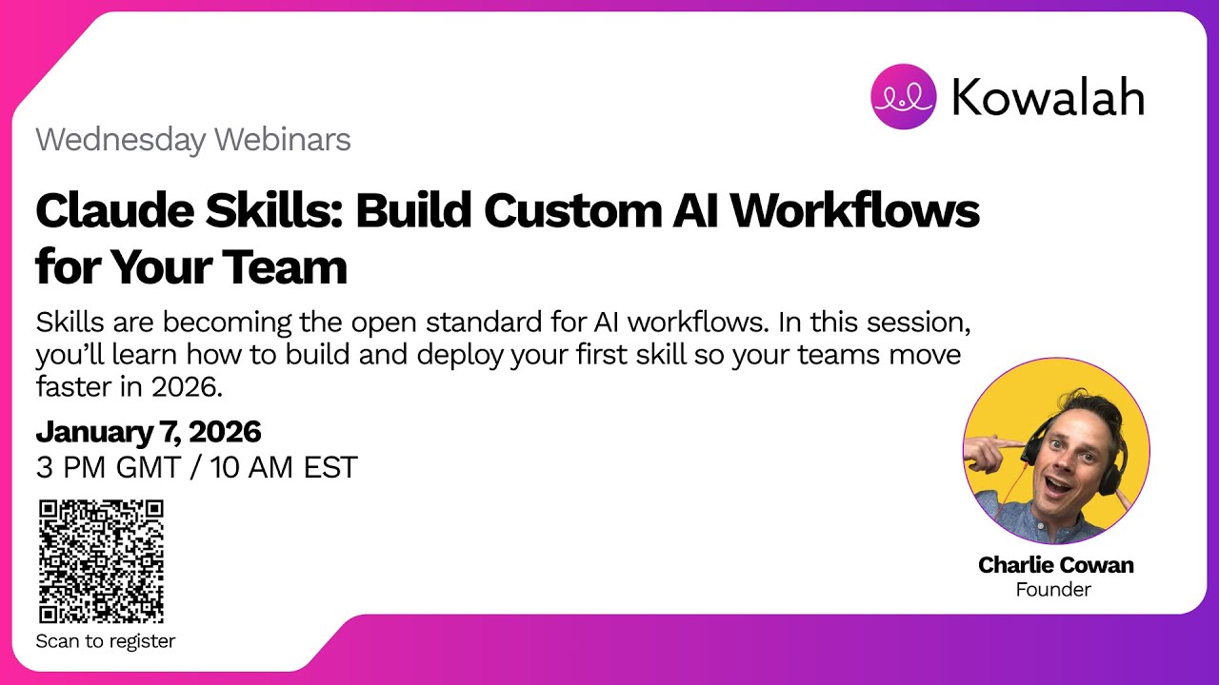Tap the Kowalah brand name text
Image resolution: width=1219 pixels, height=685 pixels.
pos(1049,97)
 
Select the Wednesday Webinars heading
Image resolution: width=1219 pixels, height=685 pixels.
pos(193,140)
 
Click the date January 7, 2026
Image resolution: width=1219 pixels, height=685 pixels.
pos(149,432)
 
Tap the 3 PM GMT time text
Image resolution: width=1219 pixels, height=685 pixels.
pos(105,468)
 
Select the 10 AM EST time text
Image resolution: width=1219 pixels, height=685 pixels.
pos(284,468)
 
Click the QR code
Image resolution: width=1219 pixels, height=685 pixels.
pos(101,561)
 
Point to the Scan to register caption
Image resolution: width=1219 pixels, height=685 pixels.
pos(106,641)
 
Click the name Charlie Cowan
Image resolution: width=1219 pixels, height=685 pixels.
pos(1055,565)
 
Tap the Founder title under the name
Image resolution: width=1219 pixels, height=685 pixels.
pos(1053,590)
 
